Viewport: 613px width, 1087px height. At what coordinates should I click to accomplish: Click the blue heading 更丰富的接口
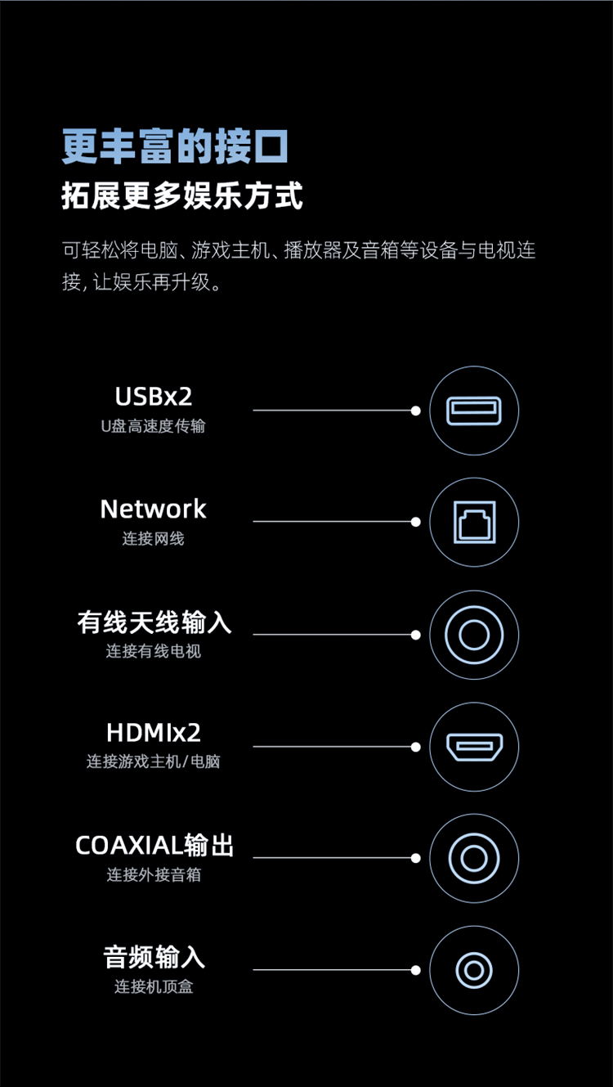click(175, 146)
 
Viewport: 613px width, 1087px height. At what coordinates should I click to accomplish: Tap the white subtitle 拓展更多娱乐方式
click(182, 195)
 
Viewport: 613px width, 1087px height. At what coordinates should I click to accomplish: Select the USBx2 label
click(154, 397)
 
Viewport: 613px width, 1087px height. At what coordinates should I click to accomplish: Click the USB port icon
click(474, 411)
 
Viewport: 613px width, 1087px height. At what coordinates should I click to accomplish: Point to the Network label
click(154, 509)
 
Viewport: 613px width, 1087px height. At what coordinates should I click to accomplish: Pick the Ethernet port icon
click(474, 522)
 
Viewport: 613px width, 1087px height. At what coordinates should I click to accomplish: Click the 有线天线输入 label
click(154, 622)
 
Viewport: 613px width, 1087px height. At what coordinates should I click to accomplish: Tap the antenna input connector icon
click(474, 635)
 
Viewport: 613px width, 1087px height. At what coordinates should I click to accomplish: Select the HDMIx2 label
click(154, 732)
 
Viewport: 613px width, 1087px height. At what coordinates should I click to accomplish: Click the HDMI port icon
click(474, 747)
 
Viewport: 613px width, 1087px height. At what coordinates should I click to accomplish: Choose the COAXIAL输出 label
click(154, 846)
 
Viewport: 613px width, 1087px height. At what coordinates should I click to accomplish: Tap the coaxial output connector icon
click(474, 858)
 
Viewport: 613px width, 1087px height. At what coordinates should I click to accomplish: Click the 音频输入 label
click(154, 957)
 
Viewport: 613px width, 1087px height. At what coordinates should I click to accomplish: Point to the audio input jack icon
click(474, 971)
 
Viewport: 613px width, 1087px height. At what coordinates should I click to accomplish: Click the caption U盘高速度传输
click(154, 426)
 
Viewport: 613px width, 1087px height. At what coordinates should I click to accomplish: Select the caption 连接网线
click(154, 538)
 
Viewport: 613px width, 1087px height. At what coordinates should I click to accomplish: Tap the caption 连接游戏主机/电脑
click(154, 761)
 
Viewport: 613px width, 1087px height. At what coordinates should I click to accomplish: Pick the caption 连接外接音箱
click(154, 874)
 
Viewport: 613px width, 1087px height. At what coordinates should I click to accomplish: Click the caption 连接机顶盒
click(154, 986)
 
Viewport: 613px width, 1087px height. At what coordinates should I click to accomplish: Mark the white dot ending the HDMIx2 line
click(416, 747)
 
